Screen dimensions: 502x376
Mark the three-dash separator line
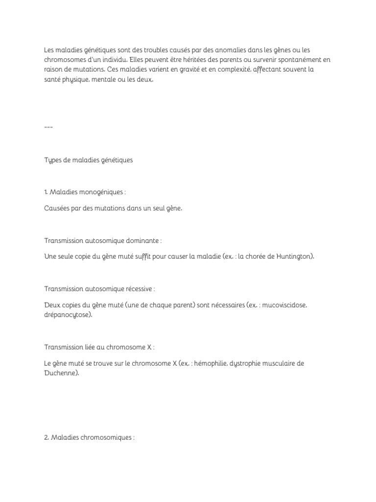[x=48, y=127]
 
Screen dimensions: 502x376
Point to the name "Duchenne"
[x=60, y=373]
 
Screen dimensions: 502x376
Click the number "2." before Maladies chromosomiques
[x=47, y=437]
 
